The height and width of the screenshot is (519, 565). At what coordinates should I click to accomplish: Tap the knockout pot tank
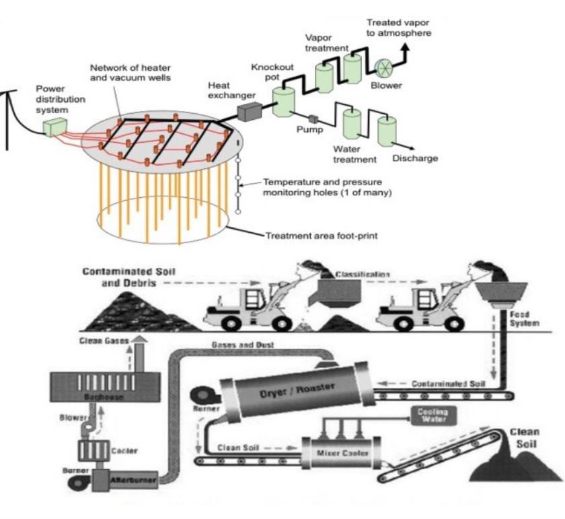(285, 101)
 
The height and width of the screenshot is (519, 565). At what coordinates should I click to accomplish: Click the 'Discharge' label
(415, 158)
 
